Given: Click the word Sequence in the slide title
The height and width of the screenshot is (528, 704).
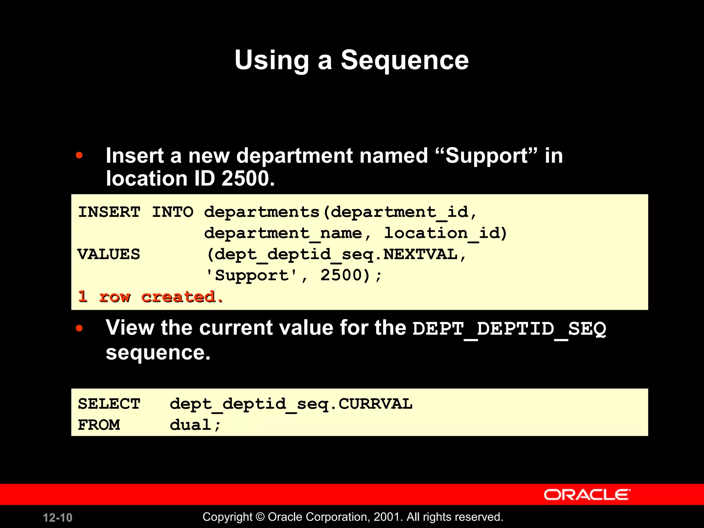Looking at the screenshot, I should (405, 60).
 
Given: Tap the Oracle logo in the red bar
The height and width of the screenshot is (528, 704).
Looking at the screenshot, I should (587, 495).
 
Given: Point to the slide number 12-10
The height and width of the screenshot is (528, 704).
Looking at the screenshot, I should (57, 518).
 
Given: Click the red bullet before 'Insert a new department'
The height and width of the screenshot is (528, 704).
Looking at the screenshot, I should (79, 155).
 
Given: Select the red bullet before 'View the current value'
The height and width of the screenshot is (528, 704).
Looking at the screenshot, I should (79, 328).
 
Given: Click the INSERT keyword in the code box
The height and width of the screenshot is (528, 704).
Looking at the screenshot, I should (109, 212).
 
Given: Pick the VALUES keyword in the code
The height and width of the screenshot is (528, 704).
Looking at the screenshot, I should (109, 254).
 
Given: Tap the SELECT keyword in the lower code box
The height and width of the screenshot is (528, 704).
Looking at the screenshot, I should (109, 404).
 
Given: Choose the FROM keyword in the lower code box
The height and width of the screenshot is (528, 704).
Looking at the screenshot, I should (99, 425).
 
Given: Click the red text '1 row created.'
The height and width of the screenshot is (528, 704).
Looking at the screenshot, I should (151, 297).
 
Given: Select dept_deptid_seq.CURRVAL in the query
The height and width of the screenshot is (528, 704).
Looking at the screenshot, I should (291, 404).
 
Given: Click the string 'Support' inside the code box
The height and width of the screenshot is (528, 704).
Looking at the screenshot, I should (252, 275).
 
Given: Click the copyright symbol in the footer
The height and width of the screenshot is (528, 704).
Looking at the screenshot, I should (260, 517).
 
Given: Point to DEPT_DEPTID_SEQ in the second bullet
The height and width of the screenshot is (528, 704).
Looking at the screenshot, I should (509, 329).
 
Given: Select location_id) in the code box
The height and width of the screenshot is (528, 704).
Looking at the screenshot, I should (445, 233).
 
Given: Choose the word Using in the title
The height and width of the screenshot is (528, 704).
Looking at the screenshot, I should (272, 60).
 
